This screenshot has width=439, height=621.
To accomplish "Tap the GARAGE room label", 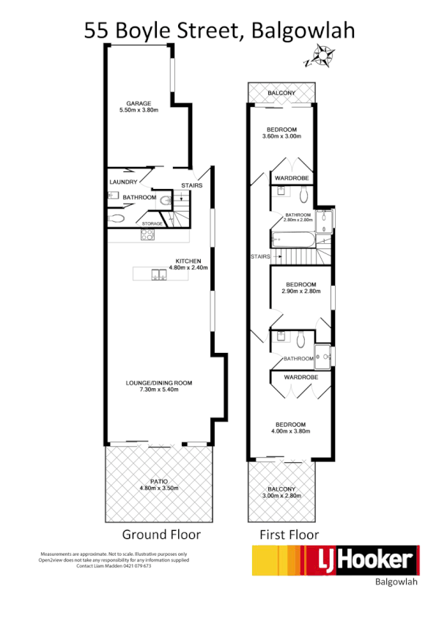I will coord(139,103).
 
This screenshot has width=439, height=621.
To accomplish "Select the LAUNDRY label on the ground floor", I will coord(122,182).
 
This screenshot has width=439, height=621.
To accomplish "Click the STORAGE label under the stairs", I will coord(152,223).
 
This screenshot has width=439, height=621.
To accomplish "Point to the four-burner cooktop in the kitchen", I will coord(147,235).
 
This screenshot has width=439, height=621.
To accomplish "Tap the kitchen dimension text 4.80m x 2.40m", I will coord(188,268).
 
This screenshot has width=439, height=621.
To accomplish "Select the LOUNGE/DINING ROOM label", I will coord(159,382).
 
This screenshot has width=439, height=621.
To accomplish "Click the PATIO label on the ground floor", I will coord(159,480).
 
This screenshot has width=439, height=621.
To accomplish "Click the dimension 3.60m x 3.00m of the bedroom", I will coord(281,136).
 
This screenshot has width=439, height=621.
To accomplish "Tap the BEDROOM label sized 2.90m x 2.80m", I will coord(300,284).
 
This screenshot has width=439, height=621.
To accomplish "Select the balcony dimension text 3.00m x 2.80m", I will coord(281,497).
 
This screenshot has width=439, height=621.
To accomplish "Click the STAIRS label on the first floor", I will coord(260,257).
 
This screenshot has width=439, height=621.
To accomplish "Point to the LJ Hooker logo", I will coord(336,561).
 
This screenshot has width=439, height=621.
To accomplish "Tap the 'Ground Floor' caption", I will coord(161,535).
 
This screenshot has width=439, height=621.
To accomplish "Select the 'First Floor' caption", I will coord(289,535).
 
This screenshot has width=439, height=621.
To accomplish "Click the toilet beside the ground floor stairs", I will coord(166,199).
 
